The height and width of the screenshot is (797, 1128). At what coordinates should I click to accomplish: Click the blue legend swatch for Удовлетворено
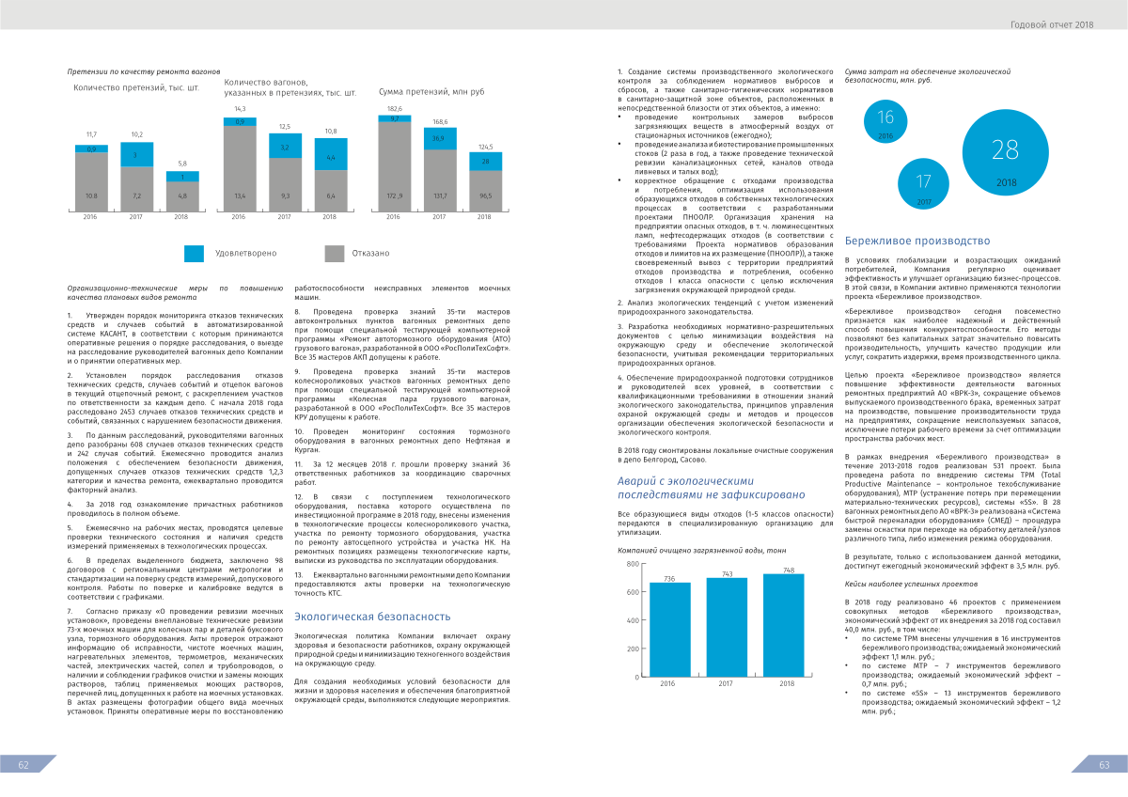point(194,253)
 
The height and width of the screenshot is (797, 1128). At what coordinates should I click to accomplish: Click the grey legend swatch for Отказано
point(335,253)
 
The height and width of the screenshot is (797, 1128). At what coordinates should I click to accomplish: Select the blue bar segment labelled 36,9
point(438,139)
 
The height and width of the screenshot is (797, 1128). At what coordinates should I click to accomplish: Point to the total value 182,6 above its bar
point(394,109)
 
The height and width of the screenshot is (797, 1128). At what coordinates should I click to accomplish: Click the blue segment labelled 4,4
point(330,157)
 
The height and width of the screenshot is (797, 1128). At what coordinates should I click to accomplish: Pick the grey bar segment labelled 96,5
point(485,195)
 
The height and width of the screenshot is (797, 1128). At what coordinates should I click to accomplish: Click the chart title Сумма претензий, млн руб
point(431,92)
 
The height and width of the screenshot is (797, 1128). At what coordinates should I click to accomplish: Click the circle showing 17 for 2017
point(923,182)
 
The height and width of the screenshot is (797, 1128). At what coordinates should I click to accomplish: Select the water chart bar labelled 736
point(669,629)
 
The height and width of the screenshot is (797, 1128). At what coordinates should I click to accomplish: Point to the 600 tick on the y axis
point(606,592)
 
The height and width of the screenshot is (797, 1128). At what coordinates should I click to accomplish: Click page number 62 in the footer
point(24,765)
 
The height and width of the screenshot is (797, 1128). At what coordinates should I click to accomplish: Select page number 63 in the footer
point(1104,765)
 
